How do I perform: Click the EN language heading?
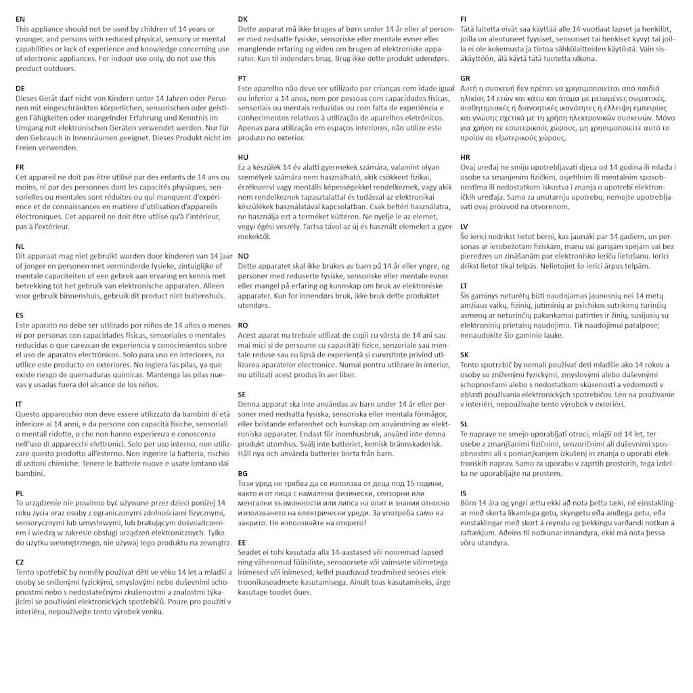tap(20, 20)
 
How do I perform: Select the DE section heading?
tap(20, 89)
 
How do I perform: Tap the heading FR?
tap(20, 167)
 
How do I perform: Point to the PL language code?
tap(20, 493)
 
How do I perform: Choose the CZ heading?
tap(20, 562)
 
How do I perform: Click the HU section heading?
tap(244, 157)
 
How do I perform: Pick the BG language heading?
tap(243, 474)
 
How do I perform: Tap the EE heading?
tap(242, 543)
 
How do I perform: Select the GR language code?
tap(465, 79)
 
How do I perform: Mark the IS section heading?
tap(463, 493)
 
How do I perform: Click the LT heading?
tap(464, 286)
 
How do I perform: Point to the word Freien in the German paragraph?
tap(28, 148)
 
